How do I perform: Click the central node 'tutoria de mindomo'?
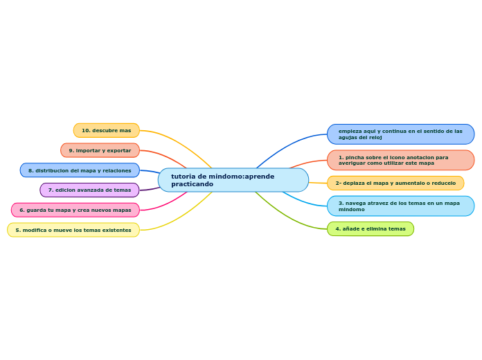pos(233,180)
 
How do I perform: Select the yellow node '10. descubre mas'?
pos(107,130)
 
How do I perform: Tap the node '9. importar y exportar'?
pos(100,150)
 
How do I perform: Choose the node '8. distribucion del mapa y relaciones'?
pos(80,170)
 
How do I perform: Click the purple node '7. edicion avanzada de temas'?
pos(89,190)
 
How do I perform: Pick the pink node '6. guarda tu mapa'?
pos(75,210)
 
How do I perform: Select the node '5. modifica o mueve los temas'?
pos(73,230)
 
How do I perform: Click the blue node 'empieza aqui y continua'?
pos(400,134)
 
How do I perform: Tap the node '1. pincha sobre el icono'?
pos(400,160)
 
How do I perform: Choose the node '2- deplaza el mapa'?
pos(395,183)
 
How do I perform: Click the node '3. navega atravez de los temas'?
pos(400,206)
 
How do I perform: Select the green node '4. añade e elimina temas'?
pos(371,228)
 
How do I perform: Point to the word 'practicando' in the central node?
pos(193,184)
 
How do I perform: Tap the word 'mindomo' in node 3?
pos(352,209)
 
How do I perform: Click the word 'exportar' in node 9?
pos(118,150)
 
